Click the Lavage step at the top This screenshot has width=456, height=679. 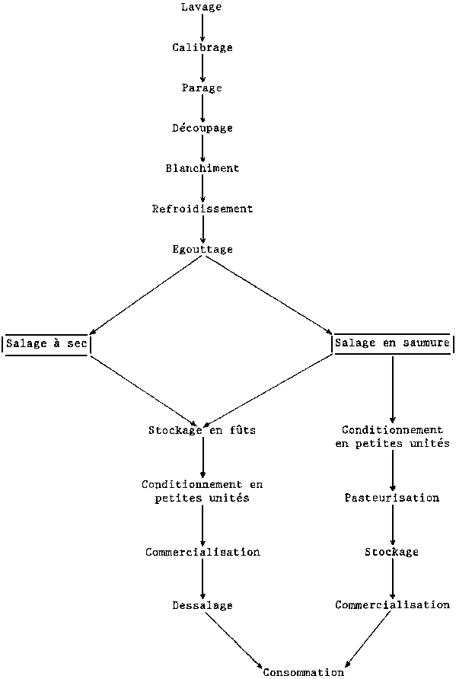click(202, 7)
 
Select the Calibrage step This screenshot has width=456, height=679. click(202, 48)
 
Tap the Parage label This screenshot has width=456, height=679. click(202, 88)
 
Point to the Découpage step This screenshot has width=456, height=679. click(202, 128)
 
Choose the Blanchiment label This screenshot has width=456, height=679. click(202, 168)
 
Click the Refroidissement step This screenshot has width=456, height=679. click(202, 209)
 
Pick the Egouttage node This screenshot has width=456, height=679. click(202, 250)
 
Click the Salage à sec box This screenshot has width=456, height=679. click(46, 345)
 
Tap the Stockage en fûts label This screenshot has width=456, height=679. click(202, 430)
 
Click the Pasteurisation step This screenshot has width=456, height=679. click(392, 498)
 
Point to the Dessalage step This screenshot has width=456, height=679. click(202, 605)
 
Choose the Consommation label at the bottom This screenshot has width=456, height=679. click(304, 672)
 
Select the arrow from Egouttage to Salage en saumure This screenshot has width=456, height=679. click(268, 295)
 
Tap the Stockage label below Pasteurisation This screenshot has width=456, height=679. click(392, 552)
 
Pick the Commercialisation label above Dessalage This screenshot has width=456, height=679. click(202, 552)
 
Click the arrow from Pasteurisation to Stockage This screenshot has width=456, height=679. click(392, 524)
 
